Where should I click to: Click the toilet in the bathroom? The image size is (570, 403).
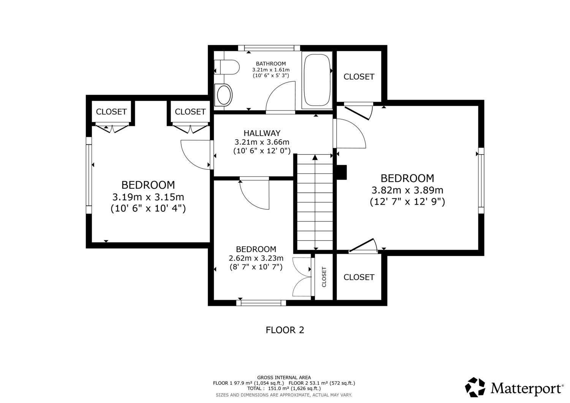[226, 67]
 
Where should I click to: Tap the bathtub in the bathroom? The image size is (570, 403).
[317, 80]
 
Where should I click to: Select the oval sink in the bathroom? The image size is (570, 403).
[223, 95]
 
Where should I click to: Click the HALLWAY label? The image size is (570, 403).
[262, 133]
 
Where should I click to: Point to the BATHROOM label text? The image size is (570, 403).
[271, 63]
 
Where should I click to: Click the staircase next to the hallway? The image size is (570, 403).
[315, 202]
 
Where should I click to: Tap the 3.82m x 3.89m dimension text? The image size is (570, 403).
[407, 190]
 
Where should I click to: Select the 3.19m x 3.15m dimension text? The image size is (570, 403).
[148, 197]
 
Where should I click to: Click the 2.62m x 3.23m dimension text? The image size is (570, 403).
[256, 258]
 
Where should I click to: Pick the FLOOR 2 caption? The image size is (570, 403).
[285, 330]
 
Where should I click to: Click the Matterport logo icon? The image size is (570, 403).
[475, 387]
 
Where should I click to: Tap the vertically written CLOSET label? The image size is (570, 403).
[324, 277]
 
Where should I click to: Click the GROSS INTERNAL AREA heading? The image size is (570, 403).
[284, 378]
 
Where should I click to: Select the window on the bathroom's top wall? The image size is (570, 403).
[269, 48]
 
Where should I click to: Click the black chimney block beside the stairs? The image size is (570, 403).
[342, 172]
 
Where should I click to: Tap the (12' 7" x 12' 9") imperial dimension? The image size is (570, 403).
[407, 202]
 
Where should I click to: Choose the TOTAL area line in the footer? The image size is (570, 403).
[284, 389]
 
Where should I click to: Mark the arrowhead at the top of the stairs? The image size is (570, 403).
[315, 157]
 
